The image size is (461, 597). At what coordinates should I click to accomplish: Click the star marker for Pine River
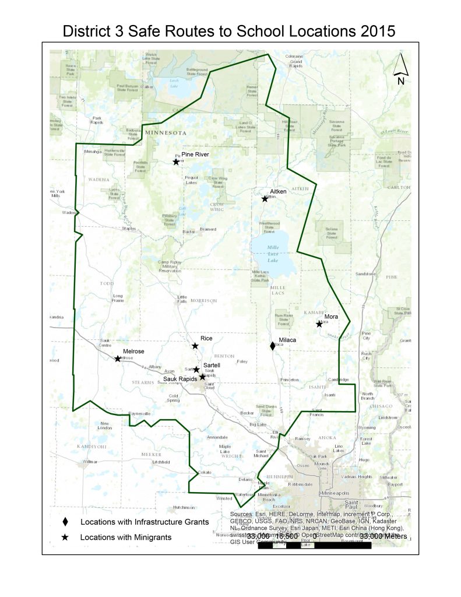[x=176, y=161]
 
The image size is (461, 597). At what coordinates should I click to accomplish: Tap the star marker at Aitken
[x=265, y=199]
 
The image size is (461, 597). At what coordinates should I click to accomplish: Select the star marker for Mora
[x=319, y=324]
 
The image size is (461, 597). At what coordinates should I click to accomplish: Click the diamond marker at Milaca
[x=272, y=346]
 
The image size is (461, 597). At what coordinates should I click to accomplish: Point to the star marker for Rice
[x=195, y=346]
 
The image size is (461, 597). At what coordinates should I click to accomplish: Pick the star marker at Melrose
[x=118, y=359]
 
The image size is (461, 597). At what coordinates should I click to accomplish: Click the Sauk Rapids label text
[x=181, y=380]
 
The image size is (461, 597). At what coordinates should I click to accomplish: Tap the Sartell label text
[x=211, y=365]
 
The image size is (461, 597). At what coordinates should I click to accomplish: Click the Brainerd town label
[x=207, y=230]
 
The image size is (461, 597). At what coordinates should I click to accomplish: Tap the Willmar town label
[x=90, y=461]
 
